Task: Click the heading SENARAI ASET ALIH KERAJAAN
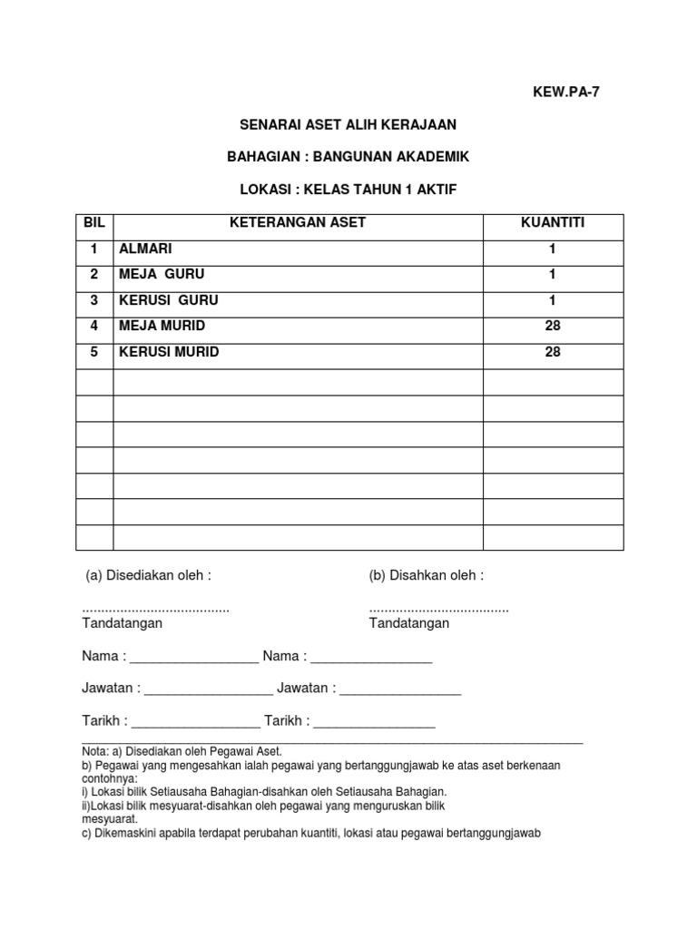[x=348, y=124]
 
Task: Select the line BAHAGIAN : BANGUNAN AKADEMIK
[x=348, y=157]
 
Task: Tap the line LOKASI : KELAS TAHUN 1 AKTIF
[x=348, y=190]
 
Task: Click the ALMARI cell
[x=145, y=249]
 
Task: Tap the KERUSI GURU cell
[x=168, y=300]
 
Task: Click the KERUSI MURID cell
[x=170, y=352]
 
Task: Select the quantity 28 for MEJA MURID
[x=553, y=326]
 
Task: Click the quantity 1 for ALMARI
[x=553, y=249]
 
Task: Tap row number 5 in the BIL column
[x=93, y=352]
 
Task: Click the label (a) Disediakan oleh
[x=148, y=575]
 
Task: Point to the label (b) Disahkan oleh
[x=427, y=575]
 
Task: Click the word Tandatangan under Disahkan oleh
[x=409, y=623]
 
